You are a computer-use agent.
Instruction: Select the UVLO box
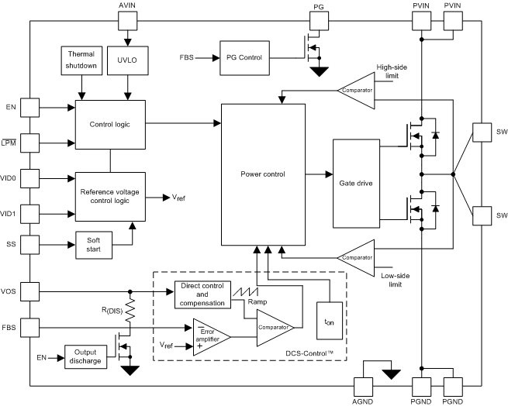tap(125, 60)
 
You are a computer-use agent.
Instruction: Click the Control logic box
tap(109, 123)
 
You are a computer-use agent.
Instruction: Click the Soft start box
tap(92, 244)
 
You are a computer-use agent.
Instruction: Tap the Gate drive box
tap(357, 184)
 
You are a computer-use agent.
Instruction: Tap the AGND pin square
tap(364, 385)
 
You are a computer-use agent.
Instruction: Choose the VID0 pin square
tap(29, 178)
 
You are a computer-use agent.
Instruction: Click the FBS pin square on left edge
tap(29, 327)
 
